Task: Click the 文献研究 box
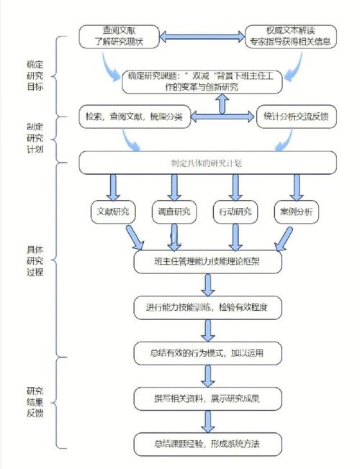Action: click(113, 212)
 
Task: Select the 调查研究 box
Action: click(174, 212)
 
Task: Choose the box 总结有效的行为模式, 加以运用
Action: click(207, 352)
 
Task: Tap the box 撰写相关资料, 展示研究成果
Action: click(207, 398)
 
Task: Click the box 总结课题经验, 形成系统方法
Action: click(207, 443)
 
